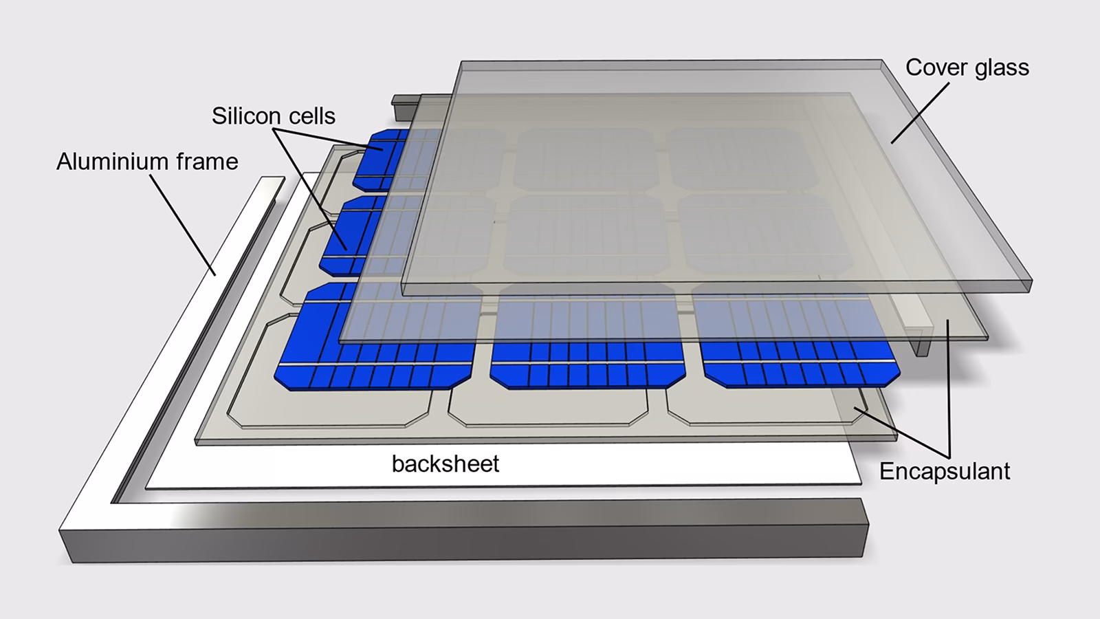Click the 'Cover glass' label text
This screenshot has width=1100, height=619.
(967, 67)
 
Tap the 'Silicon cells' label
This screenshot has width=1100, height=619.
(273, 116)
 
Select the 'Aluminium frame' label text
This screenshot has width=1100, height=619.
(147, 162)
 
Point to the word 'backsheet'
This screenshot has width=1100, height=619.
(445, 464)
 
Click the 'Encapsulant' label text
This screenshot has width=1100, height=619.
(945, 472)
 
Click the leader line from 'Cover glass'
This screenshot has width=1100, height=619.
(920, 113)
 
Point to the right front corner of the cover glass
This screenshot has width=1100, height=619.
(1031, 285)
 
